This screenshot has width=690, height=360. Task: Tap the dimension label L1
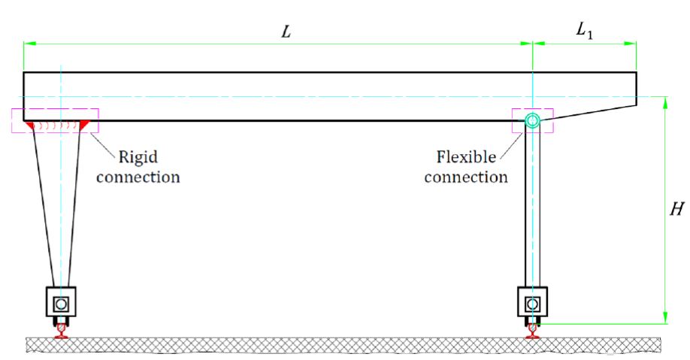[x=584, y=31]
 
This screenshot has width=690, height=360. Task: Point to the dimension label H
[x=676, y=210]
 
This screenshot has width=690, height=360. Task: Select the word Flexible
[x=466, y=157]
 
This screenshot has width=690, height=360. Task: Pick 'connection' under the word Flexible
[x=466, y=177]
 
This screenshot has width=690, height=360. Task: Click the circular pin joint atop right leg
[x=532, y=120]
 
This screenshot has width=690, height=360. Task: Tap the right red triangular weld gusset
[x=84, y=125]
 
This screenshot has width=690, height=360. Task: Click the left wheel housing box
[x=60, y=303]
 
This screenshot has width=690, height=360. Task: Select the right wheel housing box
[x=532, y=303]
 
